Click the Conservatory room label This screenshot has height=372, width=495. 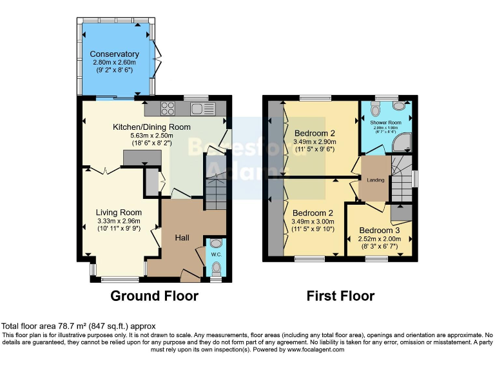pos(114,54)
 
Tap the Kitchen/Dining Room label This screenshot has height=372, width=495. pos(151,127)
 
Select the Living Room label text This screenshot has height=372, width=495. pos(119,212)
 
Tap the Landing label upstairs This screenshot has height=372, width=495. pos(376,179)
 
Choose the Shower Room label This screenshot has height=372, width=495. pos(385,123)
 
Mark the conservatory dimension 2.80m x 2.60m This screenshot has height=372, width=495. pos(114,63)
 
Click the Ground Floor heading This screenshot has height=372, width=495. pos(154,296)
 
